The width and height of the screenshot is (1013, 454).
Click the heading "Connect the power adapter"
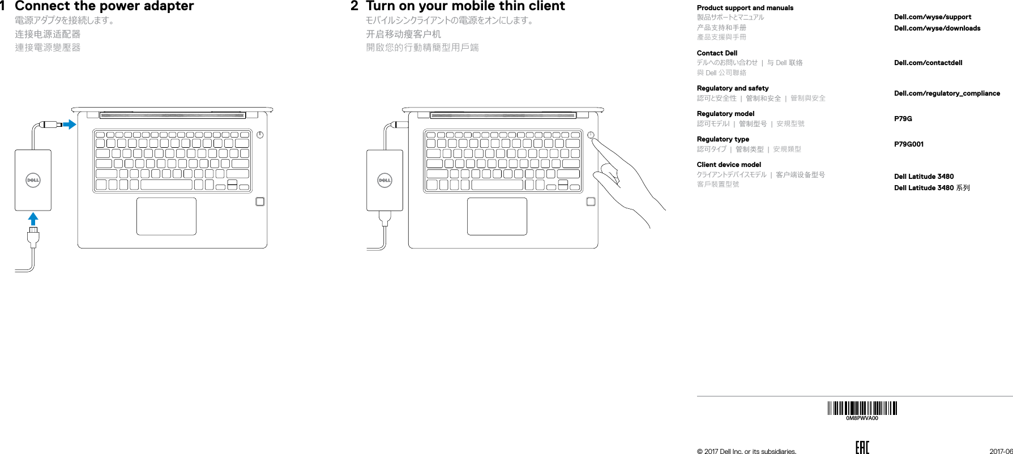click(104, 7)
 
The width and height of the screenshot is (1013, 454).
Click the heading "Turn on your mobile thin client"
click(465, 7)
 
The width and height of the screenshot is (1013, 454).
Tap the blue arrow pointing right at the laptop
click(69, 124)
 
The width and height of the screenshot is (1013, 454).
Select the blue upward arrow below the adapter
click(33, 219)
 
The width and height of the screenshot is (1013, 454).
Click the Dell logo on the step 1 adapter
click(33, 181)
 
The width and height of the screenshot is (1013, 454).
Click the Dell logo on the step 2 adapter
click(385, 181)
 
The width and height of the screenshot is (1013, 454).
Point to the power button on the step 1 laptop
click(260, 135)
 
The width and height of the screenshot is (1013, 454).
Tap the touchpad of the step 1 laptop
click(166, 216)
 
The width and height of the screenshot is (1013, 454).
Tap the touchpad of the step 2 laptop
click(497, 216)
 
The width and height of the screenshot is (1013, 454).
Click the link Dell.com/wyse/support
click(932, 17)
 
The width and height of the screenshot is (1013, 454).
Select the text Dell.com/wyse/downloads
click(937, 28)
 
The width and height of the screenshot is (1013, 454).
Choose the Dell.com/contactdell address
click(928, 63)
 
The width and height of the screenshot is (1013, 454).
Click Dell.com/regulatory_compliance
click(947, 93)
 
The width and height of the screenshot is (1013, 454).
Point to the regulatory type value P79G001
click(908, 144)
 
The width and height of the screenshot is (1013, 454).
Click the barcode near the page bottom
click(862, 408)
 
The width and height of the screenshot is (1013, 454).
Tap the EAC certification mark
click(862, 448)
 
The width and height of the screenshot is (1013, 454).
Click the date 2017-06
click(1001, 451)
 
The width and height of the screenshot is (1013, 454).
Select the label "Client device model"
click(729, 165)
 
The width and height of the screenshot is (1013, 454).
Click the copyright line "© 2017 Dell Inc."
click(746, 451)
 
